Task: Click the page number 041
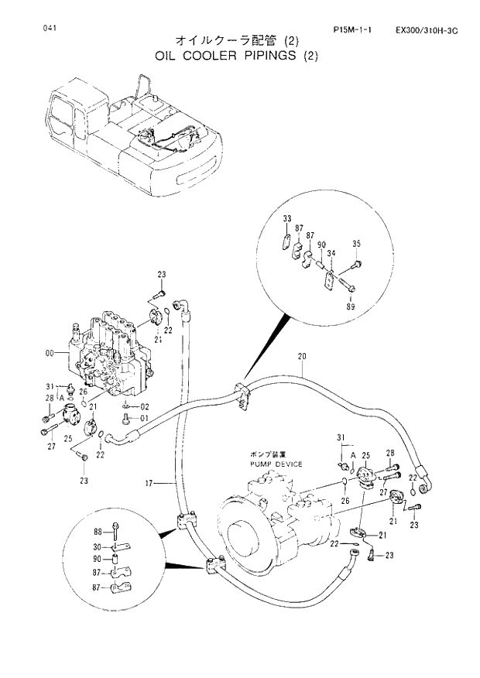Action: tap(50, 29)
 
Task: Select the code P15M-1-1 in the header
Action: tap(352, 30)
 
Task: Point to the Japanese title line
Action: tap(237, 40)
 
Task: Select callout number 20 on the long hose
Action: tap(302, 356)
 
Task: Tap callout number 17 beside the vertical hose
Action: tap(150, 484)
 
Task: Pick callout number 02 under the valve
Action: tap(144, 406)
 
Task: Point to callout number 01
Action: tap(144, 419)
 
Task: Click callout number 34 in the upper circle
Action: tap(331, 253)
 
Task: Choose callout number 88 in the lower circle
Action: tap(98, 532)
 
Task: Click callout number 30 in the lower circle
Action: tap(98, 546)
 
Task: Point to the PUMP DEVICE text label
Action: tap(276, 464)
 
